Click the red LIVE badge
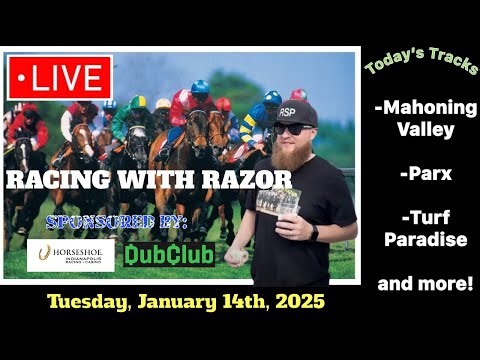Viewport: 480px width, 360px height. [x=57, y=77]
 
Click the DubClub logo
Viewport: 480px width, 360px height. [x=169, y=254]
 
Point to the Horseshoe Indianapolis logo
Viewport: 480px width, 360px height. [x=68, y=255]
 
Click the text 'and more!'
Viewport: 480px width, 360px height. [x=425, y=283]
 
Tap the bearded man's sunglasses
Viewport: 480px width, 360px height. [x=294, y=128]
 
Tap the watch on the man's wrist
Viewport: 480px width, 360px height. [x=315, y=233]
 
